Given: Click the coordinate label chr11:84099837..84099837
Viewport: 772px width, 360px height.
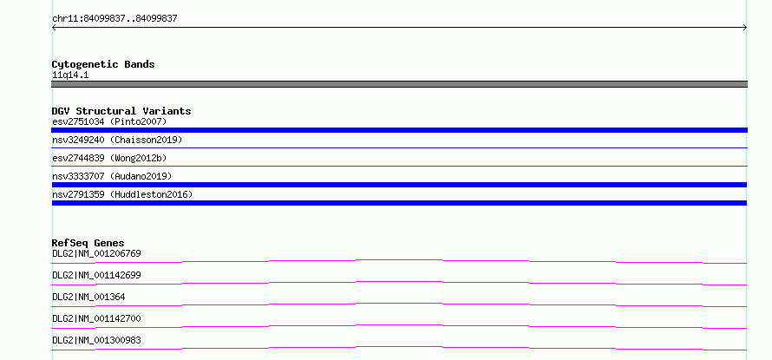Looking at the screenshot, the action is [x=114, y=19].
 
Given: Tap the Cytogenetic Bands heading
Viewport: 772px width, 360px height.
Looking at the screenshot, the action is [x=103, y=64].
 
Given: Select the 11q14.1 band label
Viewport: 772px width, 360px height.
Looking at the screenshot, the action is [x=70, y=75].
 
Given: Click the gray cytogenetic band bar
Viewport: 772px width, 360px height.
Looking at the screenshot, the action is [x=399, y=84].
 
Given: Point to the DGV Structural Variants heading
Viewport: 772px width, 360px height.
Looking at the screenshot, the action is [x=121, y=111].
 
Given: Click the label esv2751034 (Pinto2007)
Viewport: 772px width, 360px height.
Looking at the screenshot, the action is [x=109, y=121].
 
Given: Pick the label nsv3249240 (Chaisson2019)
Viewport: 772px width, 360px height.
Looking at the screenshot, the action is [x=117, y=140].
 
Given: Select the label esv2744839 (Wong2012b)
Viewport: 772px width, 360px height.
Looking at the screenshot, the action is [x=109, y=158].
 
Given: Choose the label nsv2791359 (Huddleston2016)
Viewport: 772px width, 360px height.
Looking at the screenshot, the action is [x=122, y=194].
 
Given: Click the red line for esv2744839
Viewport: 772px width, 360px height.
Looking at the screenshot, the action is [x=399, y=166].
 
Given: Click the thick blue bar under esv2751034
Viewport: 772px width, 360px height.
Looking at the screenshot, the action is [x=399, y=130].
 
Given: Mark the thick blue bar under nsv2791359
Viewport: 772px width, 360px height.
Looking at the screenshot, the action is [x=399, y=203].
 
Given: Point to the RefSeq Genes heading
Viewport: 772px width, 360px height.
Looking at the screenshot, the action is [x=88, y=243].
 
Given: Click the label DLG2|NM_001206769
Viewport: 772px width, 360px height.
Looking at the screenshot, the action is [x=96, y=254].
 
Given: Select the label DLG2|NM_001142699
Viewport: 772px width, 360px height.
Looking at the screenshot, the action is [x=96, y=275].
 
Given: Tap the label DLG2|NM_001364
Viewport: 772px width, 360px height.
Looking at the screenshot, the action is [x=88, y=297].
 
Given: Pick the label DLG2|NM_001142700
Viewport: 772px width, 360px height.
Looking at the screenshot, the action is [x=96, y=318].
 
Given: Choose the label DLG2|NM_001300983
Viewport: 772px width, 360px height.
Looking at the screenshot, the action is [x=96, y=340].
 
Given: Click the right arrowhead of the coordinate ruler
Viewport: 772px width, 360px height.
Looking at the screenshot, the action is [x=746, y=28].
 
